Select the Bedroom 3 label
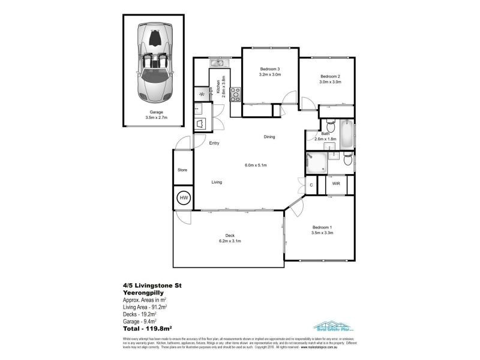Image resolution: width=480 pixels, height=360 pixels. click(x=269, y=69)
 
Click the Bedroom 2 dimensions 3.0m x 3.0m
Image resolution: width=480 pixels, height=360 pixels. click(x=330, y=82)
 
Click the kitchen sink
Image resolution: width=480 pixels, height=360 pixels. click(x=217, y=62)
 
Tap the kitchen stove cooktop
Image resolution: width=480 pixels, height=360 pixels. click(x=235, y=94)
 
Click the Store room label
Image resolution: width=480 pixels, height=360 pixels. click(x=182, y=170)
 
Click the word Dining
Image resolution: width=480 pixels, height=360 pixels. click(x=269, y=137)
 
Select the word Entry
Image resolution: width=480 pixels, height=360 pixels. click(x=214, y=143)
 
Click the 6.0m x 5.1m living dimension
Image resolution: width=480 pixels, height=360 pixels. click(x=255, y=165)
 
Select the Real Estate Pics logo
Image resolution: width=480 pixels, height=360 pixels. click(x=334, y=326)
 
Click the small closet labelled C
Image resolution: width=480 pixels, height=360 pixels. click(x=311, y=185)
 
